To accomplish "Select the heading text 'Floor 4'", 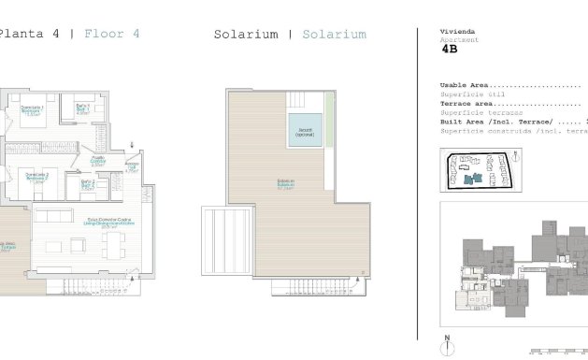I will click(x=112, y=34).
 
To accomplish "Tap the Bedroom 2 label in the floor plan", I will click(x=36, y=178).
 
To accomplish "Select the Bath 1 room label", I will click(x=83, y=108).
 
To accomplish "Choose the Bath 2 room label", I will click(x=87, y=185).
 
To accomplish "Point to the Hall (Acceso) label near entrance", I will click(x=132, y=168).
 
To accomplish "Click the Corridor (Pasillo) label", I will click(x=97, y=161).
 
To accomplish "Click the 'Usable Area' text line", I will click(x=509, y=85).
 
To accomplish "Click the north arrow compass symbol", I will click(x=448, y=343).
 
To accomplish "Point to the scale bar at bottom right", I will click(x=558, y=352).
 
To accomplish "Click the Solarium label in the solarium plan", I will click(x=285, y=183).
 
